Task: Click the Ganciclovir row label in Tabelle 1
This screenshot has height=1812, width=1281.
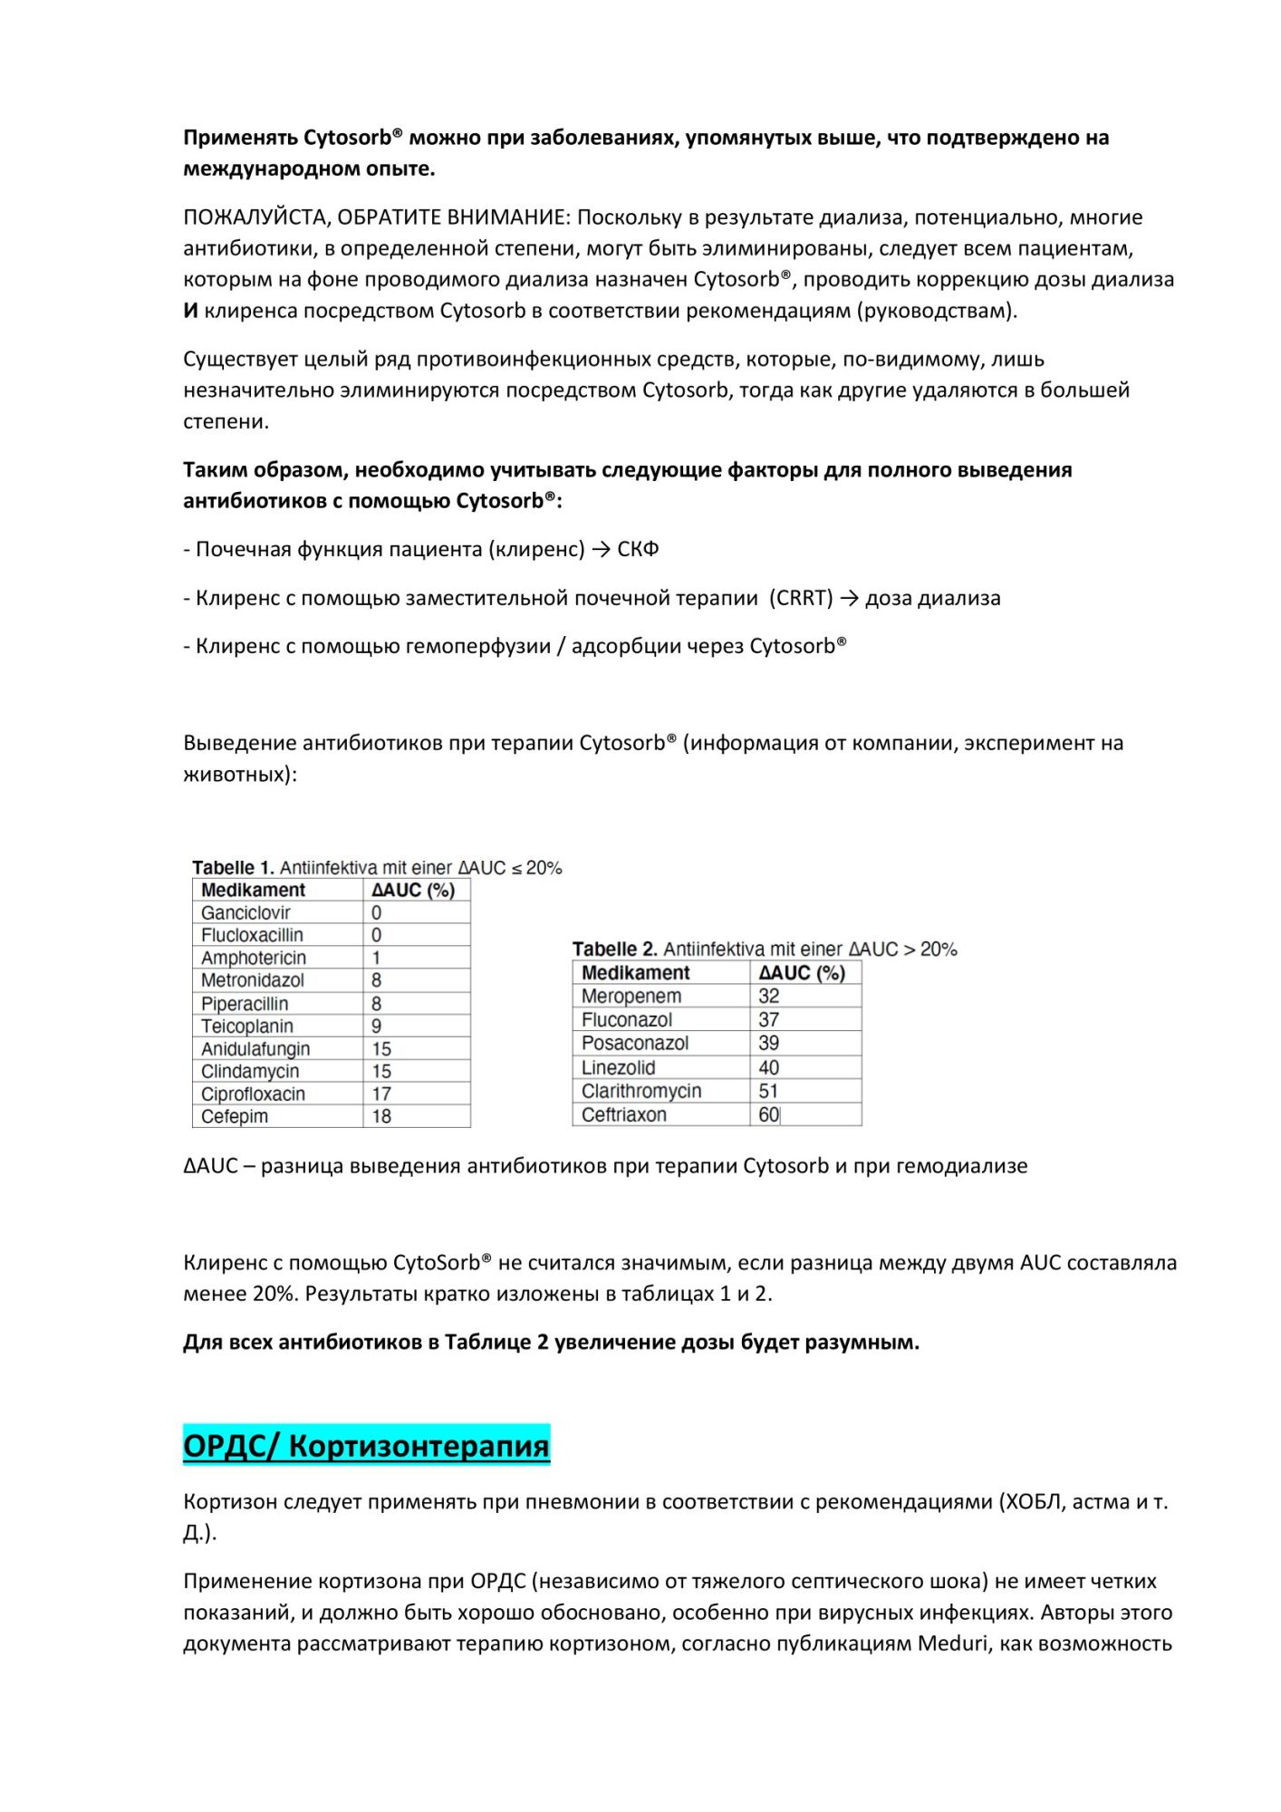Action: coord(246,912)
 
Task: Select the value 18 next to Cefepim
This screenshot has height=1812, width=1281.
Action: coord(381,1116)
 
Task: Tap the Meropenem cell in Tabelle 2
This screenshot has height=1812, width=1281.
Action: coord(631,996)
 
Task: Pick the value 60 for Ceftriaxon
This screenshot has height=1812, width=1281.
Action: coord(768,1114)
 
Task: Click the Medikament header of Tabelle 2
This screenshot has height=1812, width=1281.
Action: coord(635,972)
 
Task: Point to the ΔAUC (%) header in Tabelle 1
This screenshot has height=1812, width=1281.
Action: coord(413,890)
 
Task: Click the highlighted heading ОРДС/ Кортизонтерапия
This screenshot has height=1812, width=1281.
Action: coord(366,1445)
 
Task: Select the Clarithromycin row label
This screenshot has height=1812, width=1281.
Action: coord(640,1091)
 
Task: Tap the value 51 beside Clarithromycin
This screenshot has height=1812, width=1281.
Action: coord(768,1091)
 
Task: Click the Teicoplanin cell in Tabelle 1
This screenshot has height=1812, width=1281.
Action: coord(246,1026)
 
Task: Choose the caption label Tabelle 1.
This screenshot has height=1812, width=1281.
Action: coord(232,867)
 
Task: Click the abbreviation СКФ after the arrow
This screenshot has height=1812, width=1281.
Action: coord(638,549)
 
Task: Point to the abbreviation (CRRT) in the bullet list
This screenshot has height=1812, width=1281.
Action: coord(800,598)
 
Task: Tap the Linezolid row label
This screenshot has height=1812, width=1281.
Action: coord(618,1067)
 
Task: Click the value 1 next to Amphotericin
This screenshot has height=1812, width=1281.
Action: coord(376,958)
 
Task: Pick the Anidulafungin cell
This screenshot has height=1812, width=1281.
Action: coord(255,1048)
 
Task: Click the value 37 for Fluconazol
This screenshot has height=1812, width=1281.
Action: coord(768,1019)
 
